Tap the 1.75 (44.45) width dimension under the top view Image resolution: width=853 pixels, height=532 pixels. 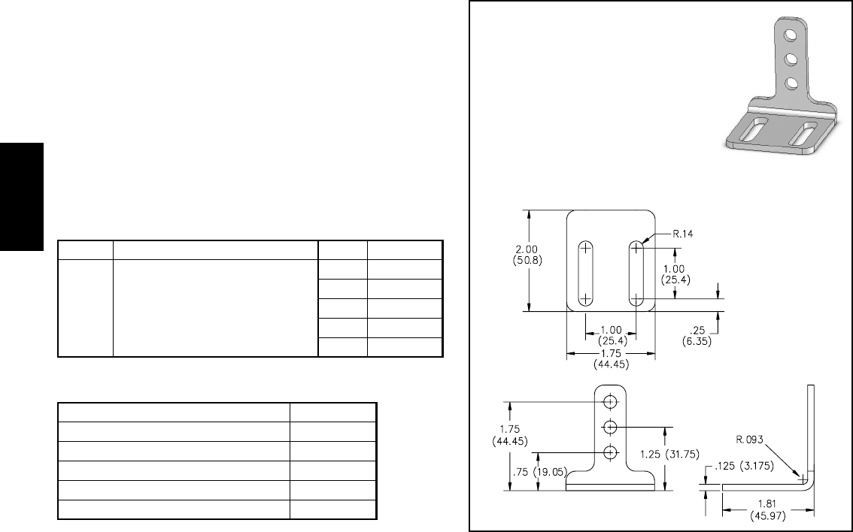[610, 359]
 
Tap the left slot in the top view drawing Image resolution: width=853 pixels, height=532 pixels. [584, 274]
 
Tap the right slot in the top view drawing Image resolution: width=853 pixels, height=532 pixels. [636, 274]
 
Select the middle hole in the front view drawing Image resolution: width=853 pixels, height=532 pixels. [610, 427]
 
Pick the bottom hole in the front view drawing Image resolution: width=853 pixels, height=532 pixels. [610, 452]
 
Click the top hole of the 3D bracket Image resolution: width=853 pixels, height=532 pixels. [789, 34]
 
